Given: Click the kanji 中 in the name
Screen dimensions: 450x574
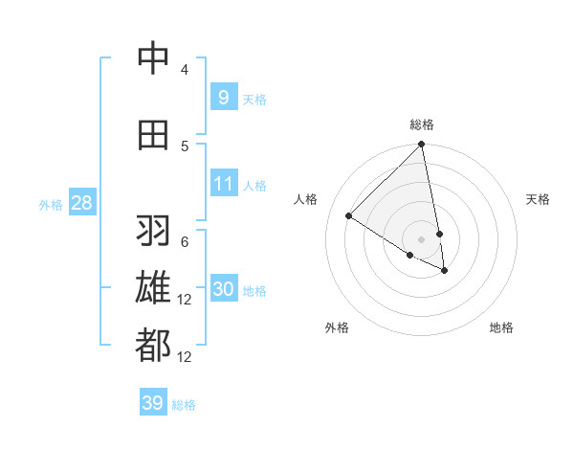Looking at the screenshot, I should (153, 59).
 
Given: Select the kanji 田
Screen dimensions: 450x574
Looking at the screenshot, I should (153, 135).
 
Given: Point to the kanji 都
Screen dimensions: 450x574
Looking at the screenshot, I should (153, 346).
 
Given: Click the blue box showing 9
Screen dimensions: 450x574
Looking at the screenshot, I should (223, 97).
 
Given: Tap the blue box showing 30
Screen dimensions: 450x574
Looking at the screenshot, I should (223, 289).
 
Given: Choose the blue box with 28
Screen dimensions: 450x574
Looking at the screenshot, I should (81, 203).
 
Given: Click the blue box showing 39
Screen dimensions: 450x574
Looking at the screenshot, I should (153, 403).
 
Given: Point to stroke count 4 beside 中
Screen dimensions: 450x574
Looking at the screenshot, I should (185, 70).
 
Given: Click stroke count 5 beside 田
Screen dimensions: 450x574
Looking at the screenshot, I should (185, 146).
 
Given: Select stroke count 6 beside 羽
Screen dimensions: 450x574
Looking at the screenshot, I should (185, 242).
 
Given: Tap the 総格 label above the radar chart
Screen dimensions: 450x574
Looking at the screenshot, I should (422, 124).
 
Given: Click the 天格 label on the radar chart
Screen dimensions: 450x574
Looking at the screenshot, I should (539, 199).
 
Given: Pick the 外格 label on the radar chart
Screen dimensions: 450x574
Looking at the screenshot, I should (337, 327).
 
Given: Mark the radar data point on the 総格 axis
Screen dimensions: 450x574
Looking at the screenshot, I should (422, 145).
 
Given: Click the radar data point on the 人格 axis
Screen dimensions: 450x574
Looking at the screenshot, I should (349, 216).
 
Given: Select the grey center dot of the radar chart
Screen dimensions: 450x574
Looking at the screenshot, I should (422, 237).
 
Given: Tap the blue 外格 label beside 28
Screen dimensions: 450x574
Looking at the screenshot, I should (51, 204).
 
